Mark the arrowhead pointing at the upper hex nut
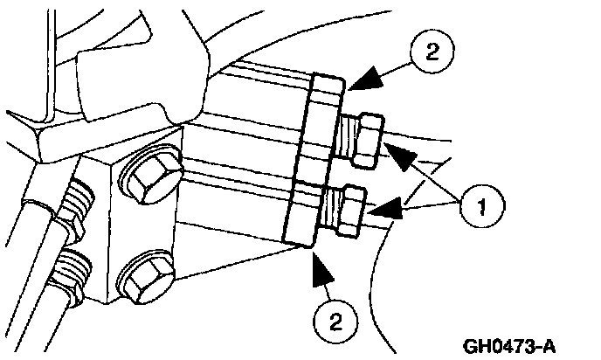[x=401, y=157]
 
